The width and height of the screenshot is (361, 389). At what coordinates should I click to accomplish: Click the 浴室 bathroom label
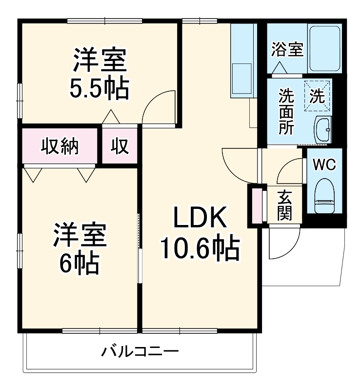287,49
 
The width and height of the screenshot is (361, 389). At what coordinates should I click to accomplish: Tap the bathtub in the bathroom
324,49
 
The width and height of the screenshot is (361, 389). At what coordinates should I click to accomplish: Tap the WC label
324,165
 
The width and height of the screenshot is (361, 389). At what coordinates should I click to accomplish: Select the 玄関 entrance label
284,205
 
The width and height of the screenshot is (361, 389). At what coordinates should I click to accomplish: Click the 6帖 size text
79,263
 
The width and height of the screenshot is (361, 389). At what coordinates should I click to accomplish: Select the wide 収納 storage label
60,146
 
